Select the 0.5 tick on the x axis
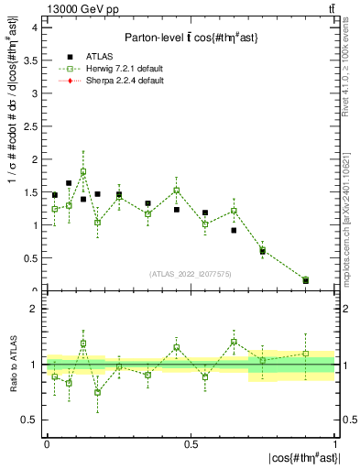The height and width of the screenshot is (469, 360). pyautogui.click(x=191, y=443)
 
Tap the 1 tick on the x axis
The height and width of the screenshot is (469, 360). pyautogui.click(x=335, y=443)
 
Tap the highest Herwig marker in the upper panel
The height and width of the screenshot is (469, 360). pyautogui.click(x=83, y=171)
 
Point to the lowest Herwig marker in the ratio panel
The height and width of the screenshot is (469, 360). pyautogui.click(x=98, y=393)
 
